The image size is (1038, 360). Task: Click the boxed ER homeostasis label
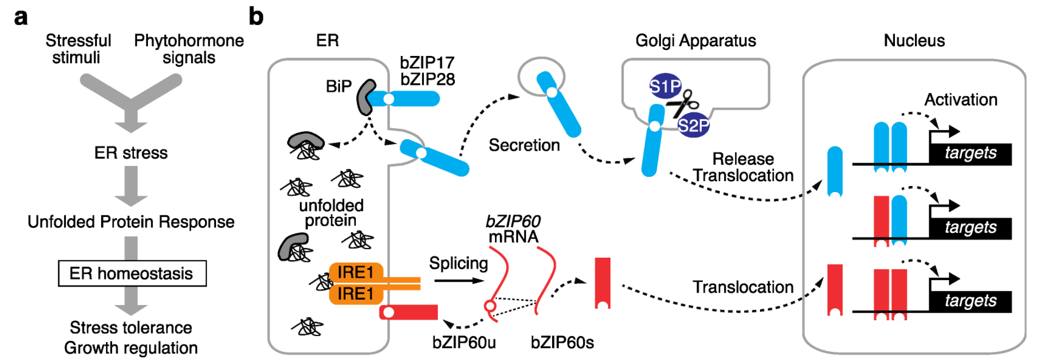point(132,273)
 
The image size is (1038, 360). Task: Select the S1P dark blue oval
point(665,86)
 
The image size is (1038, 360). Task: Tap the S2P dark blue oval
point(693,126)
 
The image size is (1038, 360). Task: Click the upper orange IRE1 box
point(356,272)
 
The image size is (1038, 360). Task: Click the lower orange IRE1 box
point(356,294)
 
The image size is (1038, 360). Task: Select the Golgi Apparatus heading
point(695,41)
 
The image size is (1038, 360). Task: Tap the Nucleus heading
point(914,41)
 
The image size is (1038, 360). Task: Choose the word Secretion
point(524,145)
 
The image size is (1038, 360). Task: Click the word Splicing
point(458,263)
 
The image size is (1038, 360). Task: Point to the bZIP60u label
point(464,343)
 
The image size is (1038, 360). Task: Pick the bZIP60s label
point(562,343)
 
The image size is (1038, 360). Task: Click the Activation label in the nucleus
point(961,100)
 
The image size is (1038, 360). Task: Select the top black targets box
point(971,154)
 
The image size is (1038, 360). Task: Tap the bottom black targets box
point(971,301)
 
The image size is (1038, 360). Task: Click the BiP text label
point(338,86)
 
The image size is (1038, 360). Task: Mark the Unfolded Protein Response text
point(131,222)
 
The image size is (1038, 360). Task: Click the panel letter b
point(256,17)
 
